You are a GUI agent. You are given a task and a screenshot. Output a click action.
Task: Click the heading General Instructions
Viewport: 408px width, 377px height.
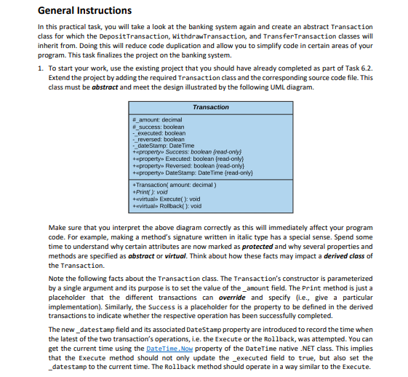point(74,10)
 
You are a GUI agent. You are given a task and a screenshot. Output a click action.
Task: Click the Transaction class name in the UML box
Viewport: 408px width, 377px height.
point(210,107)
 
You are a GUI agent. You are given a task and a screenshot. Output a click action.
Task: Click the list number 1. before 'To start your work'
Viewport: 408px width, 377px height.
point(39,68)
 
